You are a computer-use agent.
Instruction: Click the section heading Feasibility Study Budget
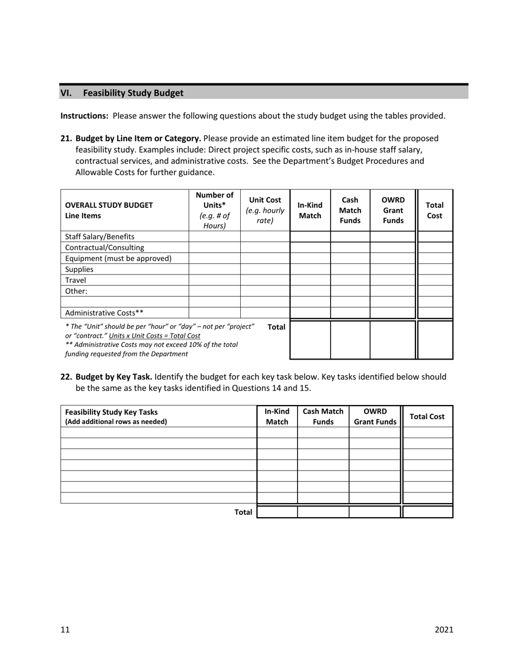tap(133, 93)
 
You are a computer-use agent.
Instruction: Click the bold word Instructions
tap(84, 115)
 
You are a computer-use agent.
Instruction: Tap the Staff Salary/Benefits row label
tap(100, 237)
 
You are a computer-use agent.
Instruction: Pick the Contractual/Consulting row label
tap(104, 247)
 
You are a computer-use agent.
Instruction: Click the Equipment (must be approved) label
tap(118, 258)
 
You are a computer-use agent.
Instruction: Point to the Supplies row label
tap(79, 269)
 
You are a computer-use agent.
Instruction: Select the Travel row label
tap(75, 280)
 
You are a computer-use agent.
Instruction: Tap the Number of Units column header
tap(214, 210)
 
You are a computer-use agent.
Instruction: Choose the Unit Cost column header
tap(265, 210)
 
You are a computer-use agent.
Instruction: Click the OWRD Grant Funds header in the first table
tap(393, 210)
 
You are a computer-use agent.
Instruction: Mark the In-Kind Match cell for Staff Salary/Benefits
tap(310, 237)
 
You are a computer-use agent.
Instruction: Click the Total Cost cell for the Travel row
tap(435, 280)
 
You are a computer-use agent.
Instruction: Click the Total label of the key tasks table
tap(243, 512)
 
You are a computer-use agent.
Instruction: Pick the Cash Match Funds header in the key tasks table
tap(323, 416)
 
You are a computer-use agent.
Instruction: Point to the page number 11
tap(65, 629)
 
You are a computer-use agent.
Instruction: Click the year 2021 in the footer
tap(444, 629)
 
